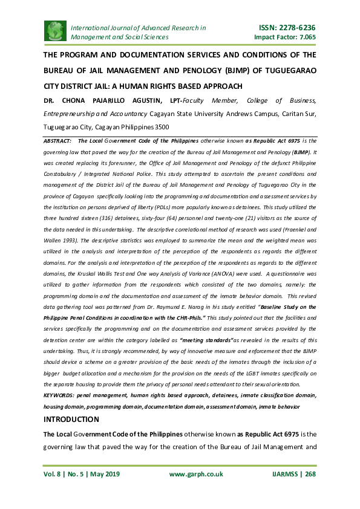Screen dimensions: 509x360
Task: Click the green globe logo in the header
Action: click(x=55, y=30)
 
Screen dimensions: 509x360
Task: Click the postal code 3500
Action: click(x=161, y=127)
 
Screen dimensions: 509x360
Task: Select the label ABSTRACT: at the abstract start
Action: click(x=57, y=140)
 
